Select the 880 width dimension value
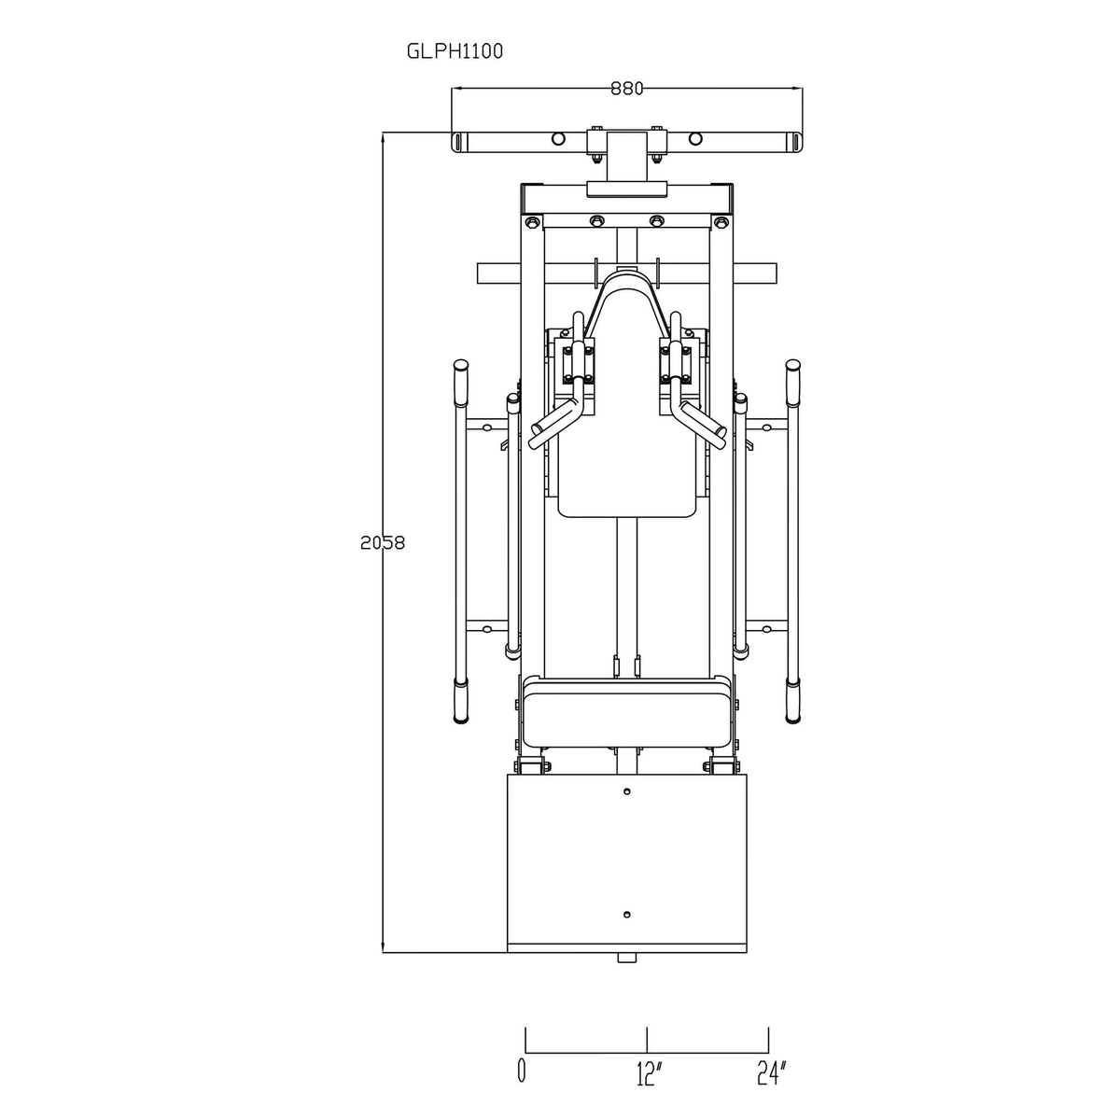[x=627, y=89]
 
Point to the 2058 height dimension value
[x=383, y=542]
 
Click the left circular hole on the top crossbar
[x=558, y=139]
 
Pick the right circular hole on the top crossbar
[x=695, y=139]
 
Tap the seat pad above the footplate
[x=627, y=715]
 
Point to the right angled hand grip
[x=698, y=420]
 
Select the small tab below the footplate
[x=627, y=957]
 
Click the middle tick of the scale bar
[x=647, y=1038]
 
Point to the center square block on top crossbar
[x=626, y=156]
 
